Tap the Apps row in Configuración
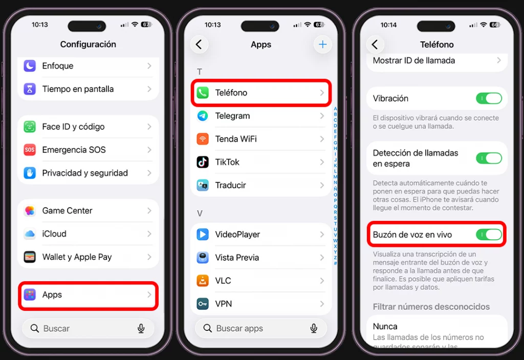pos(88,295)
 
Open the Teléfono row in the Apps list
pos(261,93)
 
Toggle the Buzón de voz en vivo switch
pos(489,235)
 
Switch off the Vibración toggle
pos(489,98)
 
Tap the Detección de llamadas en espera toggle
pos(489,158)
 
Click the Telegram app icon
pos(203,116)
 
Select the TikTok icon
pos(203,162)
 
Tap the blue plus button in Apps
pos(322,44)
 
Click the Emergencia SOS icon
pos(30,150)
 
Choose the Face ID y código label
pos(73,127)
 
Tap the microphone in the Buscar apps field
pos(314,328)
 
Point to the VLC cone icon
pos(203,281)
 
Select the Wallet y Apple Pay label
pos(77,257)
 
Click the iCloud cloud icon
pos(30,234)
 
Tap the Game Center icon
pos(30,211)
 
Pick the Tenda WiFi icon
pos(203,139)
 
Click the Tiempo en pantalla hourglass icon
pos(30,89)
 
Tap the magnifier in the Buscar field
pos(35,328)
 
